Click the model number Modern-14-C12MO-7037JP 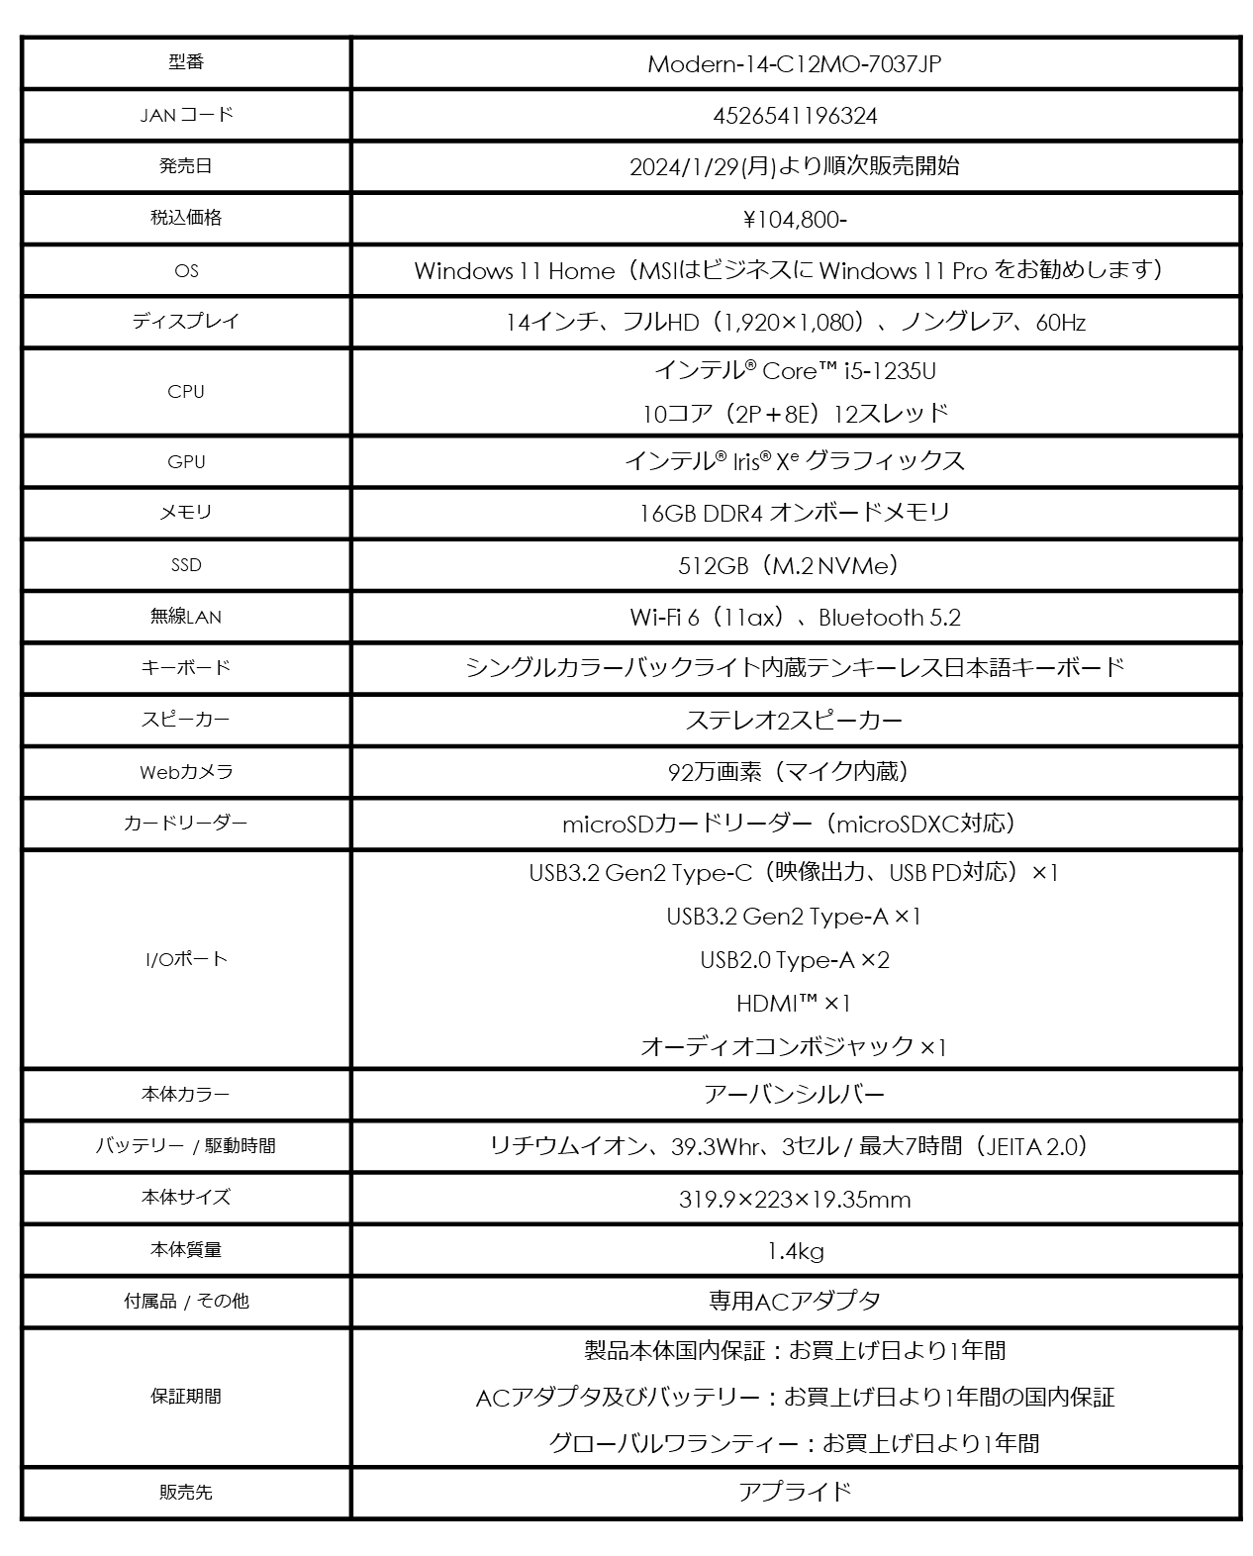pos(794,64)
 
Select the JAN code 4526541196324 pos(795,116)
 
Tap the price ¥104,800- pos(795,219)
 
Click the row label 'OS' pos(186,270)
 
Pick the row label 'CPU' pos(186,391)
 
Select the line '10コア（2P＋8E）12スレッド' pos(795,414)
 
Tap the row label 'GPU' pos(186,461)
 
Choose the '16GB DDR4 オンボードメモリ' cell pos(795,513)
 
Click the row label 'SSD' pos(186,565)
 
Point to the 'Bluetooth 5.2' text pos(889,618)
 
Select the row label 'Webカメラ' pos(186,772)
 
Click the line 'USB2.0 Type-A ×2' pos(795,960)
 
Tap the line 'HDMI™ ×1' pos(795,1004)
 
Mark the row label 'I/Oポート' pos(186,959)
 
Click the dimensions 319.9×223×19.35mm pos(795,1200)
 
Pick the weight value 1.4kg pos(795,1251)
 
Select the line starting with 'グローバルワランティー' pos(795,1443)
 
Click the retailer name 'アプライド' pos(795,1492)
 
